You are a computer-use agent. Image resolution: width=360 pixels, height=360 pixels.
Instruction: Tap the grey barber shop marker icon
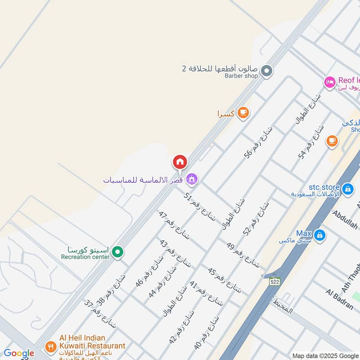point(267,71)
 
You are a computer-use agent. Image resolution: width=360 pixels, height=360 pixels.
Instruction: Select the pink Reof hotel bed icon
point(330,82)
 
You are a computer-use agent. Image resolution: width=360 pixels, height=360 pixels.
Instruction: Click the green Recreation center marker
point(117,252)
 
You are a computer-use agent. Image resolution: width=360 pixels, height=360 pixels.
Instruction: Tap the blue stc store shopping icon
point(347,189)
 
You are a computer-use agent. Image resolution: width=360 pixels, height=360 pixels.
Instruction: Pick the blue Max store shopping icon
point(319,235)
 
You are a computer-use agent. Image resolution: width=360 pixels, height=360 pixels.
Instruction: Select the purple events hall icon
point(192,180)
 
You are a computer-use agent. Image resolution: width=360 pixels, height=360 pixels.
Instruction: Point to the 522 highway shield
point(274,281)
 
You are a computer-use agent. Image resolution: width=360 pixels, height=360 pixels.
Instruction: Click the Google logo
point(18,353)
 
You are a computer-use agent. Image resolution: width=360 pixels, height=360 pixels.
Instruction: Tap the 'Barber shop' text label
point(241,76)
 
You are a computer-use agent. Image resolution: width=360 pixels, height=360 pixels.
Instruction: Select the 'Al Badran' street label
point(339,299)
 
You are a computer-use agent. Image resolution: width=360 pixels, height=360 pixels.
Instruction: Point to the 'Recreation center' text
point(85,257)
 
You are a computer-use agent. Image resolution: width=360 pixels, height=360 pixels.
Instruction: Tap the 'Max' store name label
point(304,234)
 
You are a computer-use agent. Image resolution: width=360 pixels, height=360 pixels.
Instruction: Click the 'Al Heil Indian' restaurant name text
point(82,338)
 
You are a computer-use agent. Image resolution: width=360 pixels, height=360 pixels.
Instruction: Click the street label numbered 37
point(100,314)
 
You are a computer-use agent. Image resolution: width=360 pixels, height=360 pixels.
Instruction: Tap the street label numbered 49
point(243,255)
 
